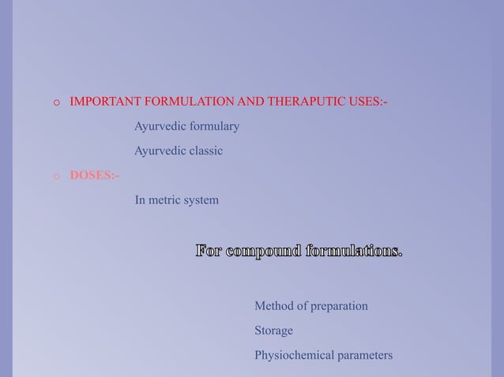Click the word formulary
click(x=210, y=126)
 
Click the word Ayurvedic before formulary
click(x=156, y=126)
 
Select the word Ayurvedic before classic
click(x=156, y=151)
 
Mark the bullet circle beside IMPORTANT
click(x=57, y=103)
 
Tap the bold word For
click(x=209, y=252)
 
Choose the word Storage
click(x=273, y=330)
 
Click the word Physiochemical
click(x=294, y=356)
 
